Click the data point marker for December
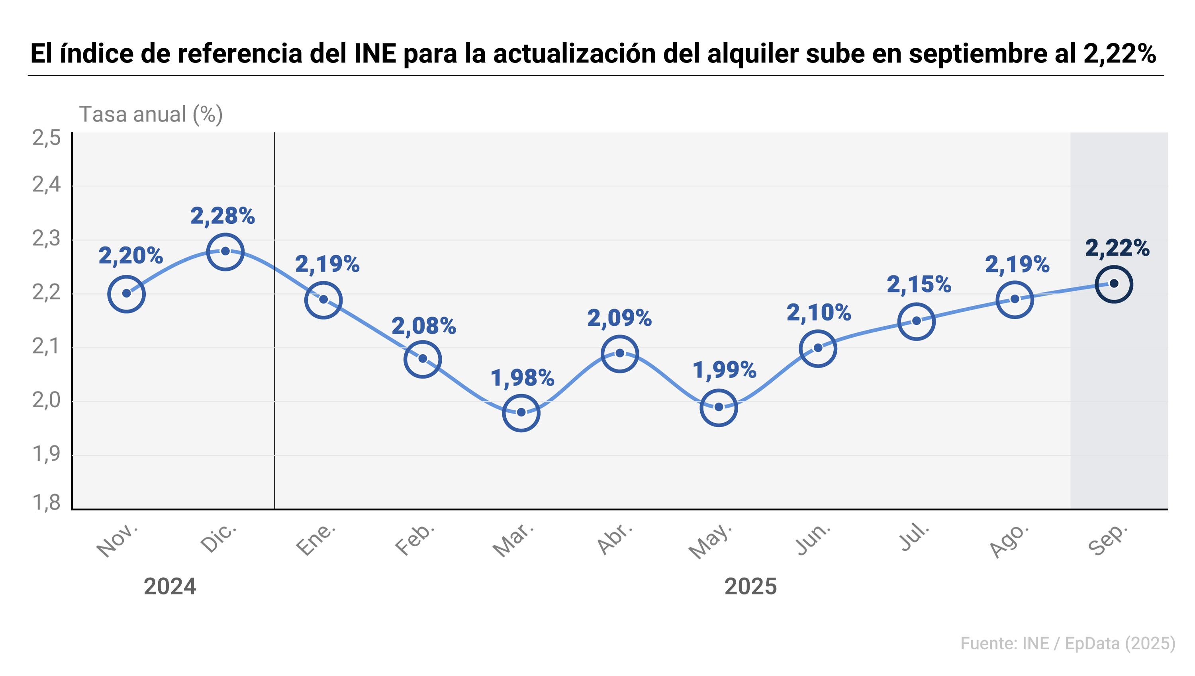pos(225,251)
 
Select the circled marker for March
pos(521,412)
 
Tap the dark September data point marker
pos(1114,284)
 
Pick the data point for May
pos(719,407)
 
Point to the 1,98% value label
pos(522,377)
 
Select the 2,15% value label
pos(919,284)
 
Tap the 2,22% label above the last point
pos(1117,248)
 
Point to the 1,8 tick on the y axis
pos(47,502)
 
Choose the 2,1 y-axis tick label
pos(47,346)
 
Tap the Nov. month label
pos(117,540)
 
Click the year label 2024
pos(170,586)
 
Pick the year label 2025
pos(750,586)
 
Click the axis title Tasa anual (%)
pos(151,114)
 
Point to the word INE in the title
pos(375,53)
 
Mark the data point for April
pos(619,353)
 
